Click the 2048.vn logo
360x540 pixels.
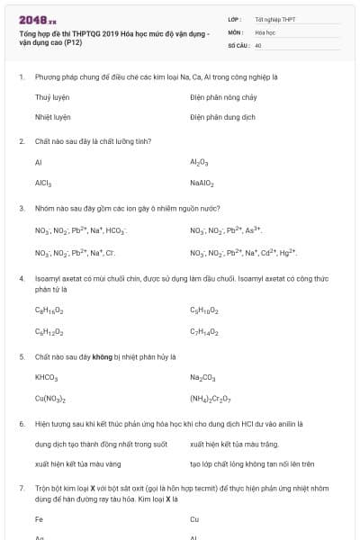click(x=37, y=19)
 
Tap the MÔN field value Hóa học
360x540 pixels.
click(x=265, y=31)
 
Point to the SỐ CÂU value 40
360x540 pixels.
click(x=258, y=44)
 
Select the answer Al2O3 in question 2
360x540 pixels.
click(x=199, y=163)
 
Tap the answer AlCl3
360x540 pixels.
click(x=43, y=183)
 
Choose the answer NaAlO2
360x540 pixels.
click(x=202, y=183)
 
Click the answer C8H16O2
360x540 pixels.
click(x=49, y=310)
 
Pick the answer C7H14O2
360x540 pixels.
click(x=203, y=331)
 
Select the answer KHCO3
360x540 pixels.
click(x=47, y=377)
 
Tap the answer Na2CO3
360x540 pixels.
click(x=203, y=377)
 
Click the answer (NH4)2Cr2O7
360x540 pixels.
click(x=211, y=398)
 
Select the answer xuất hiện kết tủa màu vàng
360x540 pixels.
click(x=76, y=464)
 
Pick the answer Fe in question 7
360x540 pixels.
click(x=40, y=519)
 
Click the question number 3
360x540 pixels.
click(x=22, y=208)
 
